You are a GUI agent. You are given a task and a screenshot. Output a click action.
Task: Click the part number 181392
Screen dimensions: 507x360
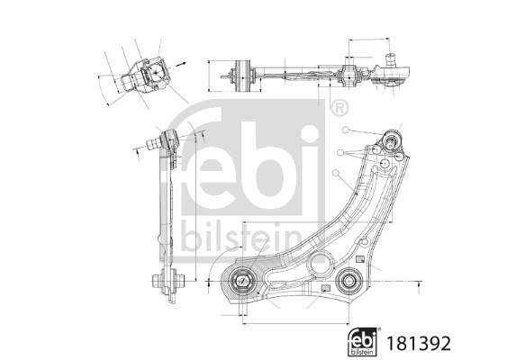pos(419,343)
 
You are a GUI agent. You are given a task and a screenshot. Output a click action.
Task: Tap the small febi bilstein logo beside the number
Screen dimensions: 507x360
pos(363,342)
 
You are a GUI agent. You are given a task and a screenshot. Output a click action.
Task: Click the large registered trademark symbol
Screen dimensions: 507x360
pos(340,108)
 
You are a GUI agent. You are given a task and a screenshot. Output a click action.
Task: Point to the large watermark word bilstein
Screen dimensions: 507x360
pos(241,238)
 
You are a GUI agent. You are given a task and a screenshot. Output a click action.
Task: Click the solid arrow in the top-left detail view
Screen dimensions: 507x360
pos(181,64)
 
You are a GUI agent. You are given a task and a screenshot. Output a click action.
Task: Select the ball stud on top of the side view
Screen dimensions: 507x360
pos(391,59)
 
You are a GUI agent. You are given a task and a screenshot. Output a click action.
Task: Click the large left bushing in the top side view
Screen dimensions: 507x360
pos(242,75)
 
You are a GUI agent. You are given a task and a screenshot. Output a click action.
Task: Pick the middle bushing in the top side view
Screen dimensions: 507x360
pos(349,76)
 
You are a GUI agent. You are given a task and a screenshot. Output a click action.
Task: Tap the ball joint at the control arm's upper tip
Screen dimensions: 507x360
pos(392,139)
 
